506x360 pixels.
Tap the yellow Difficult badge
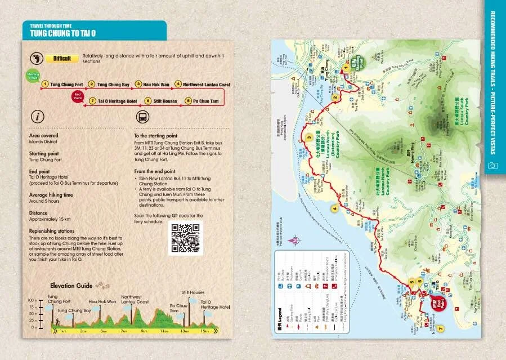click(x=62, y=59)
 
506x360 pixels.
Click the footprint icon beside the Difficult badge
click(x=37, y=58)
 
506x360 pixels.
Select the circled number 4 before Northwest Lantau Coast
click(x=178, y=85)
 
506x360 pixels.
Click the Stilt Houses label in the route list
click(x=165, y=101)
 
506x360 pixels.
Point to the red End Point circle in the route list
click(x=78, y=96)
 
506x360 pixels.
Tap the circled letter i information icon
click(x=37, y=117)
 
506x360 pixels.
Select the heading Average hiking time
click(x=51, y=195)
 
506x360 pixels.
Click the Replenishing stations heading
click(x=52, y=232)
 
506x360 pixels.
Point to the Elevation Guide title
click(x=71, y=286)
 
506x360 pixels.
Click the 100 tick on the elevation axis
click(x=32, y=301)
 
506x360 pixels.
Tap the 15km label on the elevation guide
click(x=205, y=331)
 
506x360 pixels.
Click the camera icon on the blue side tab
click(x=493, y=166)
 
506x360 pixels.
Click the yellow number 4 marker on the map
click(x=335, y=208)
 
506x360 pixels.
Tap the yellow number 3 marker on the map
click(x=309, y=138)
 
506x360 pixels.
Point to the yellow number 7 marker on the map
click(x=441, y=328)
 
